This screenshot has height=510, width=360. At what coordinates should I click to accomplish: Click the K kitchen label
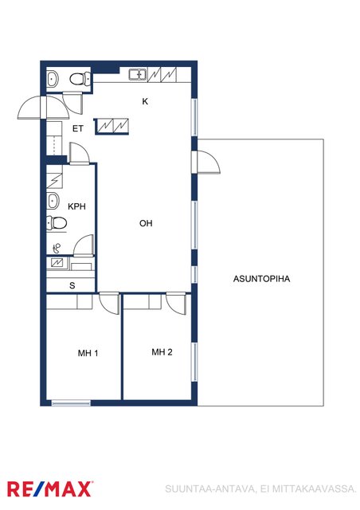click(145, 101)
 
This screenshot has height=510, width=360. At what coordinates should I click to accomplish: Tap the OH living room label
click(146, 223)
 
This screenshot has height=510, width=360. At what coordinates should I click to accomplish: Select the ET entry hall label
click(78, 129)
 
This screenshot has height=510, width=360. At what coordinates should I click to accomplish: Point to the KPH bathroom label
click(76, 206)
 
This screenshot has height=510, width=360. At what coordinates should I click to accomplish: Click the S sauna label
click(72, 285)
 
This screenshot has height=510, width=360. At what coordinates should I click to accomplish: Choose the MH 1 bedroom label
click(88, 353)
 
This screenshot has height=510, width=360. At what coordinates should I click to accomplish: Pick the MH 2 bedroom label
click(162, 352)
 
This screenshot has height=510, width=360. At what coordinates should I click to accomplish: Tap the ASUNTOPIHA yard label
click(261, 279)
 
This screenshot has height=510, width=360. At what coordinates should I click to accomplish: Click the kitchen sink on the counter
click(138, 75)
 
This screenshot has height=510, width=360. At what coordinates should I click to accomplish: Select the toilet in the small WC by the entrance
click(80, 79)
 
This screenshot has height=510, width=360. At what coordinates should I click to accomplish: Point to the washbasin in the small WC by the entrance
click(52, 79)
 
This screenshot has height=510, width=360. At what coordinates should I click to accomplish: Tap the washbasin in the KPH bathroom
click(53, 201)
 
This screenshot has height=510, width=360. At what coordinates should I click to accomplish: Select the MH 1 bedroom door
click(109, 303)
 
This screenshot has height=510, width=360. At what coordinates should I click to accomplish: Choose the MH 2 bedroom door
click(177, 304)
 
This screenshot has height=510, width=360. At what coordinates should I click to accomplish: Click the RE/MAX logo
click(49, 489)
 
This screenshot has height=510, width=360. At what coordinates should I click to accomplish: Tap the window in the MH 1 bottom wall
click(71, 403)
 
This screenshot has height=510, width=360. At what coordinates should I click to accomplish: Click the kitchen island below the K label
click(112, 126)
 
